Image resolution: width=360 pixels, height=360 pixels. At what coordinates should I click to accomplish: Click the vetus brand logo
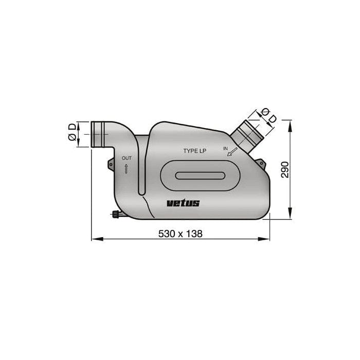pos(183,203)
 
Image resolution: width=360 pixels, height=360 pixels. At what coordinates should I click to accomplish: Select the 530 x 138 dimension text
pos(180,234)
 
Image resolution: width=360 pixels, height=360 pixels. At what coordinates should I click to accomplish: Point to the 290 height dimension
pos(285,169)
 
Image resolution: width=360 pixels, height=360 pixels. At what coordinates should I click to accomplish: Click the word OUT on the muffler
pos(127,157)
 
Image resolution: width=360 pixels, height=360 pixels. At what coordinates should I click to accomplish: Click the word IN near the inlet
pos(225,148)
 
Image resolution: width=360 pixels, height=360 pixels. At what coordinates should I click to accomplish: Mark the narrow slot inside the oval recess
pos(200,175)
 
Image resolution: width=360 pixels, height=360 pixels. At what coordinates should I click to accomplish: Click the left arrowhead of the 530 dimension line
pos(94,239)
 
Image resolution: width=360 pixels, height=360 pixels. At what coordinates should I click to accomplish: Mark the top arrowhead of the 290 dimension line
pos(291,123)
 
